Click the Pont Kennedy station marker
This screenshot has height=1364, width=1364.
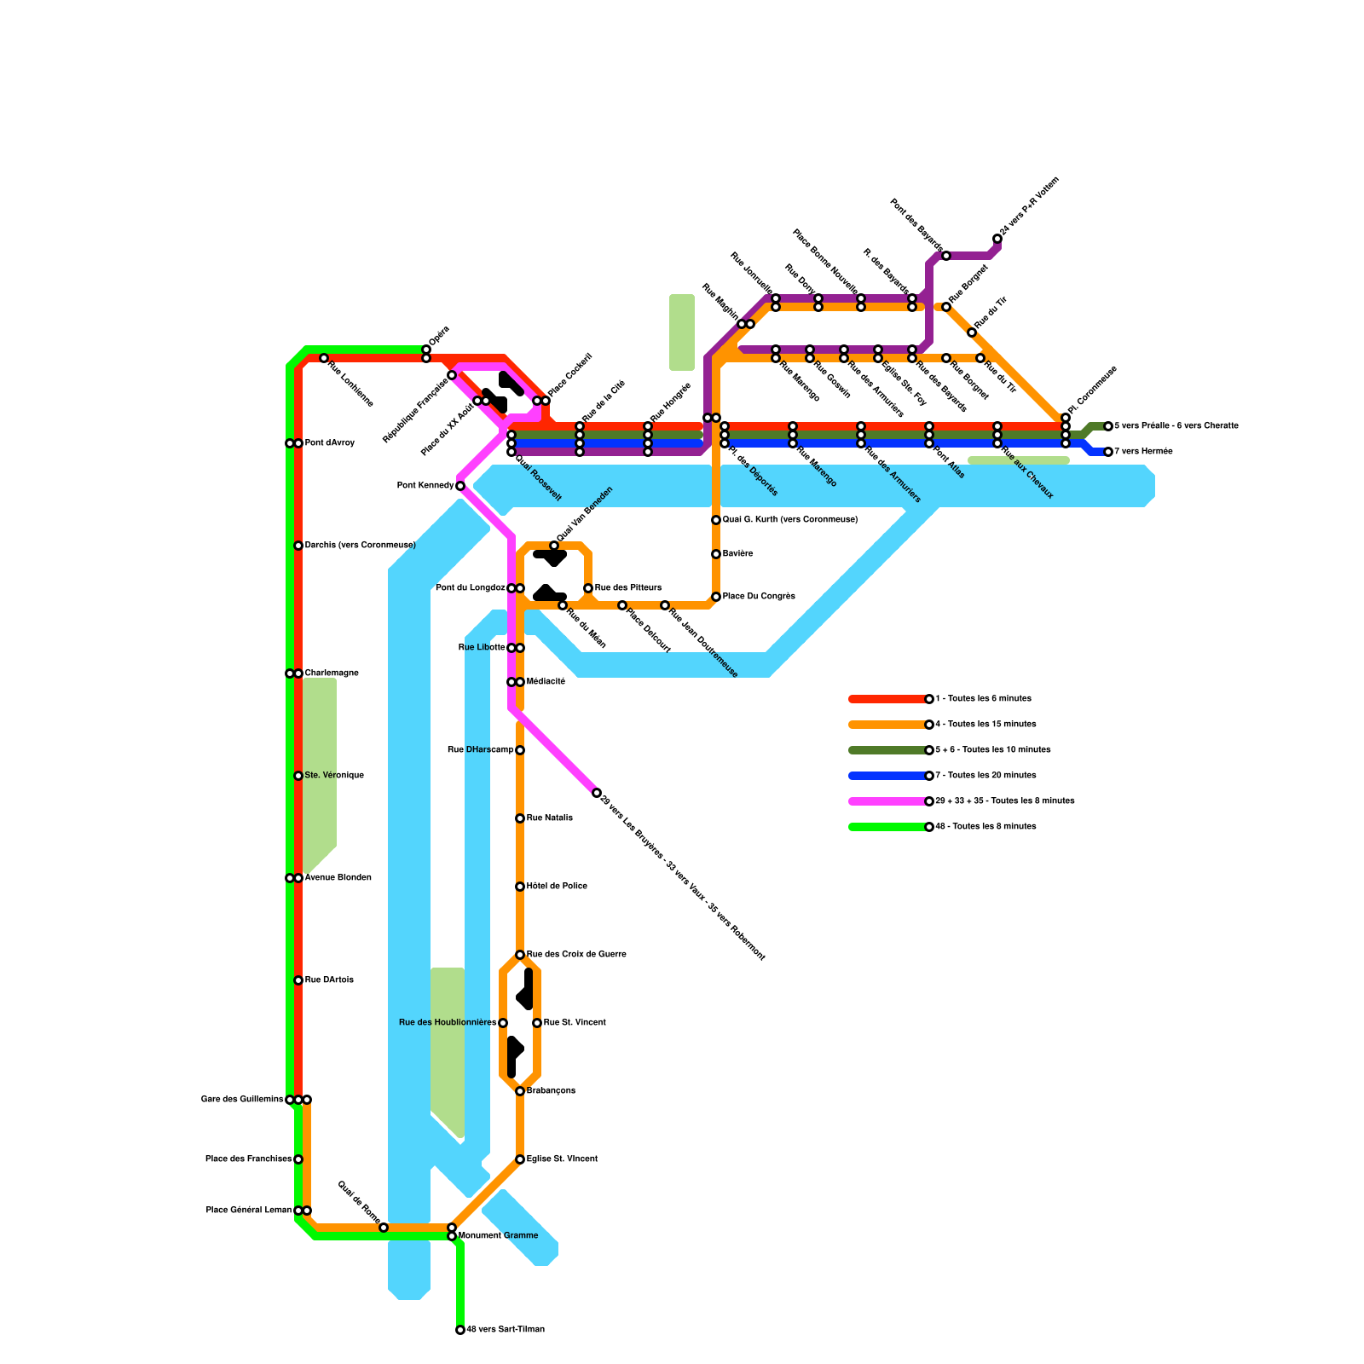coord(460,486)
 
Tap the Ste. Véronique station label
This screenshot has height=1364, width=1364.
coord(334,776)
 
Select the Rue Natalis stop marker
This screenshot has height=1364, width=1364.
coord(520,818)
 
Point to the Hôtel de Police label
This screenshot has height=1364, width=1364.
coord(557,887)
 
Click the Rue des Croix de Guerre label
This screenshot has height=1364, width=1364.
coord(576,955)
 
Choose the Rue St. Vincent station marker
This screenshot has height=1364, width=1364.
coord(537,1023)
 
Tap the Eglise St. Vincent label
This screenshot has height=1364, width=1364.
coord(562,1159)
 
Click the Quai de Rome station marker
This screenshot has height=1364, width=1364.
coord(384,1228)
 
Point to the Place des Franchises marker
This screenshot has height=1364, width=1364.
coord(298,1159)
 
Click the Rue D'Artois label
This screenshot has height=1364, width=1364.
coord(329,980)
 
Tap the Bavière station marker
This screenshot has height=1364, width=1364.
coord(716,554)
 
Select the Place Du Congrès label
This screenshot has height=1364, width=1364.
coord(759,597)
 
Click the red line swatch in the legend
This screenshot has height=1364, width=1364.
coord(887,699)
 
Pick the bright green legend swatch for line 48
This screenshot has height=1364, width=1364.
coord(887,827)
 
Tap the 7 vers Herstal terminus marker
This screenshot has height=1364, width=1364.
coord(1108,452)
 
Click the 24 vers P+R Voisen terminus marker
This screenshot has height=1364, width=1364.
coord(997,239)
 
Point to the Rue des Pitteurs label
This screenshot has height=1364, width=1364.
coord(627,588)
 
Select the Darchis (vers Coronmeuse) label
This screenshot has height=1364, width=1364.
coord(360,546)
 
